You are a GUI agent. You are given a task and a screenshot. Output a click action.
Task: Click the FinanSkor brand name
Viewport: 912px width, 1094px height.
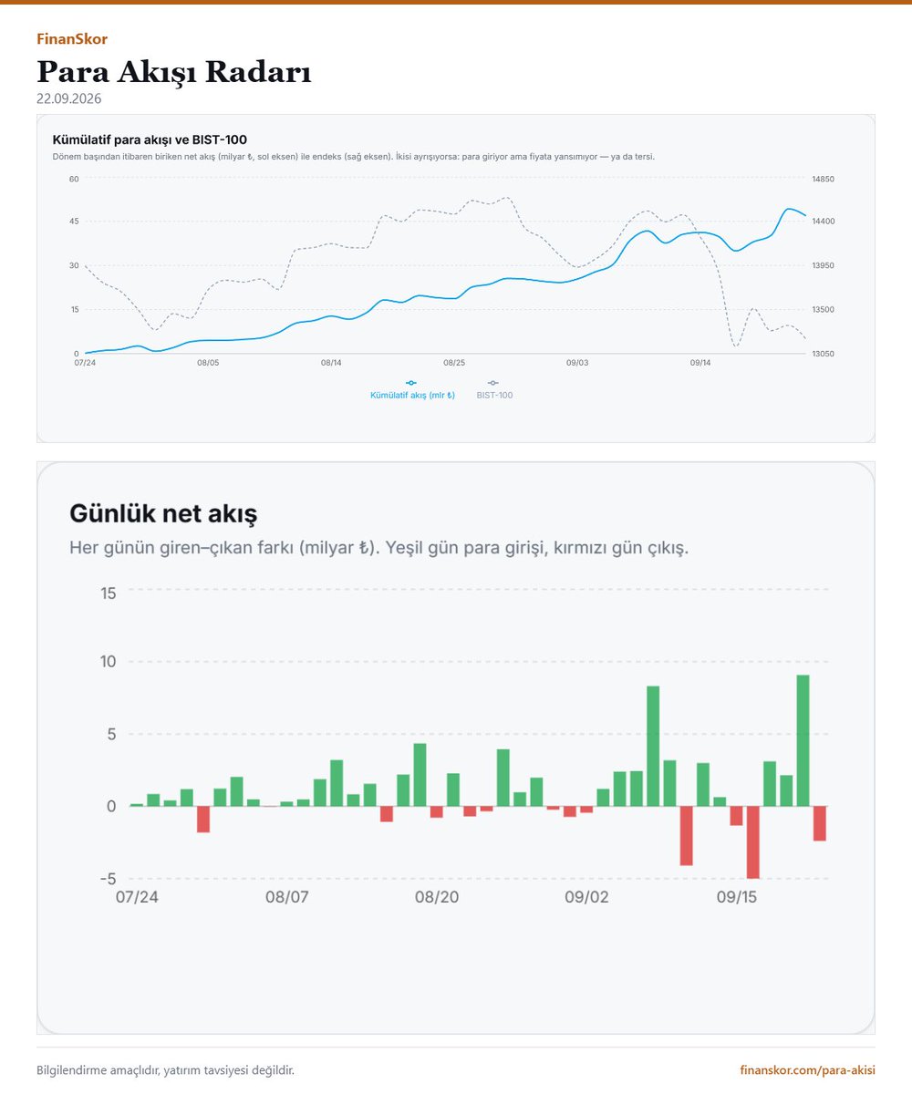[72, 39]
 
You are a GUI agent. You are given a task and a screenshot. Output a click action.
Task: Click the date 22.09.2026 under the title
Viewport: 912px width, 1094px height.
[68, 99]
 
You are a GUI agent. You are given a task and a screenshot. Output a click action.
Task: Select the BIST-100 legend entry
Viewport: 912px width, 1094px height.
[494, 390]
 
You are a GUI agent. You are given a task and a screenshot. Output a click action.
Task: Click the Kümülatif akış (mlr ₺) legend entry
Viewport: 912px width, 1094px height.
[412, 390]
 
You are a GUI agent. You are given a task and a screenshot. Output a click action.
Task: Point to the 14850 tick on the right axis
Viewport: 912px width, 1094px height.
[823, 180]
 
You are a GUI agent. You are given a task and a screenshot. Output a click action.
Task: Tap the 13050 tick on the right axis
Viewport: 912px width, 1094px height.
[823, 354]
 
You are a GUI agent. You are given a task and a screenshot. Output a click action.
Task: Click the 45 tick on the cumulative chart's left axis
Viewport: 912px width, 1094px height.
[74, 222]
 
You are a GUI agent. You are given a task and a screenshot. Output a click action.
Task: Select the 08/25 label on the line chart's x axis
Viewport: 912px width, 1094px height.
[454, 363]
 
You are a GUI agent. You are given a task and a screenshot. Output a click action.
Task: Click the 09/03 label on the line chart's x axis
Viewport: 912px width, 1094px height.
[577, 363]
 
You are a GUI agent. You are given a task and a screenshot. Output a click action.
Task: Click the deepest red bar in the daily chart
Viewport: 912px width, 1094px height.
[752, 841]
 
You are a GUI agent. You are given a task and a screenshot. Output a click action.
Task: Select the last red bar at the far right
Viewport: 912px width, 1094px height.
[819, 823]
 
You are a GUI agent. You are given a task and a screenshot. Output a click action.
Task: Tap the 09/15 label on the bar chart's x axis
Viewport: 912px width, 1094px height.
[736, 897]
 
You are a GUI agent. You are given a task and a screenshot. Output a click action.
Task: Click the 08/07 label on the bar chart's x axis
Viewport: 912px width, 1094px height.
[286, 897]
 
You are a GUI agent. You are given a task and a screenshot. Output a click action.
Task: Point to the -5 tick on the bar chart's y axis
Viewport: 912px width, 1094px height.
[108, 879]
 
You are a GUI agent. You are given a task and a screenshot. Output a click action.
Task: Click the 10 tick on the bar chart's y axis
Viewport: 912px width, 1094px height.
[108, 662]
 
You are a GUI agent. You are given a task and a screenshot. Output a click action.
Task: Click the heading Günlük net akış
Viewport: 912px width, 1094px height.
[163, 513]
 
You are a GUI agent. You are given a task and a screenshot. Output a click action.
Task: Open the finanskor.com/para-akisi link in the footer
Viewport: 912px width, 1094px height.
[807, 1070]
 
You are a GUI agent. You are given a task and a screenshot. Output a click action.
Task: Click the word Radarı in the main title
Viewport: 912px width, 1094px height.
[258, 72]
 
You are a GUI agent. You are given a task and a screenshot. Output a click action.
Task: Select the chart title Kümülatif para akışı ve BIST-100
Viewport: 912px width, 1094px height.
[150, 139]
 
